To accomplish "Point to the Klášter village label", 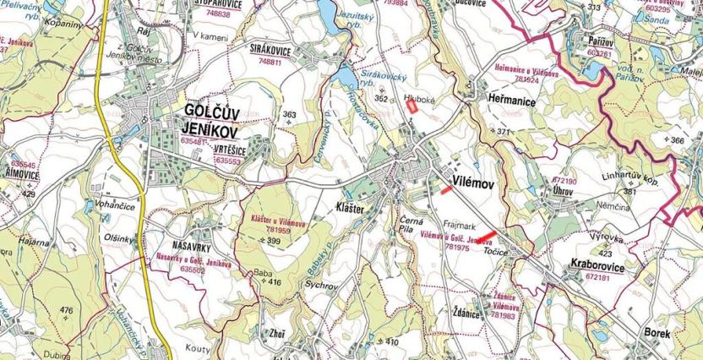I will click(x=349, y=207).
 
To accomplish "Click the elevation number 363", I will click(x=290, y=115).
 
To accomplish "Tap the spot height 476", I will click(x=67, y=310).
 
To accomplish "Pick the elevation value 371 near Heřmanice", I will click(x=504, y=132).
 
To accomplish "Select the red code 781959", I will click(x=278, y=229).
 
